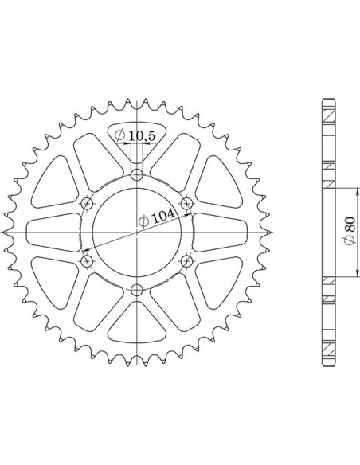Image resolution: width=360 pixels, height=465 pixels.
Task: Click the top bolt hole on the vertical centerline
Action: coord(137,174)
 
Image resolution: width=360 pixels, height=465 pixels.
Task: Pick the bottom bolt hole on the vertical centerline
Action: coord(137,290)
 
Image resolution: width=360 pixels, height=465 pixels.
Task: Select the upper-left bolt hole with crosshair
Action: coord(87,203)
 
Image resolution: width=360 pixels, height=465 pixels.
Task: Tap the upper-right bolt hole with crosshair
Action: coord(187,203)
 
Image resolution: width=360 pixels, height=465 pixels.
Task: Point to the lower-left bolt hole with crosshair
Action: coord(87,261)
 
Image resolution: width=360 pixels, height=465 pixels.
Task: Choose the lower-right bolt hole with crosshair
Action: coord(187,261)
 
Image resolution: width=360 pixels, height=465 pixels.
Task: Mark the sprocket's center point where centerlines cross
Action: coord(137,232)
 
